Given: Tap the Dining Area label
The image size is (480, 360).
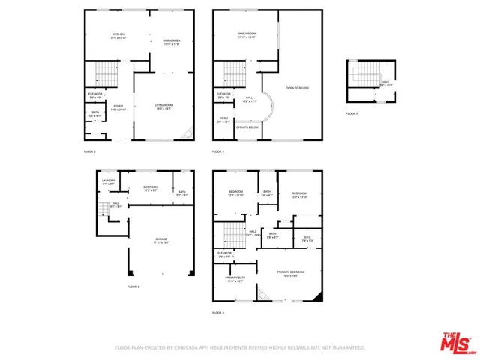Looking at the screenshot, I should tap(172, 41).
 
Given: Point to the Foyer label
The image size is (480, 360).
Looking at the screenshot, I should tap(118, 107).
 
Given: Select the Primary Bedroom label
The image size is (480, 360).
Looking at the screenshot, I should tap(290, 273).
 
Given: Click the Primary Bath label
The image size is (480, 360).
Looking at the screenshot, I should tap(235, 279).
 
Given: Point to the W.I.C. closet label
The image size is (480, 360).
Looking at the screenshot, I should tap(307, 239).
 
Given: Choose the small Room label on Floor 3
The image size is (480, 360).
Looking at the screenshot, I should tap(223, 119).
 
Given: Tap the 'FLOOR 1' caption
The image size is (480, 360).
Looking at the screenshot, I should tap(133, 287).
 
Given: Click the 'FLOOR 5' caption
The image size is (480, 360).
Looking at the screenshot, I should tap(352, 113).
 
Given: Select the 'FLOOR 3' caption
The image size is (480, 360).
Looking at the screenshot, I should tap(218, 151).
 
